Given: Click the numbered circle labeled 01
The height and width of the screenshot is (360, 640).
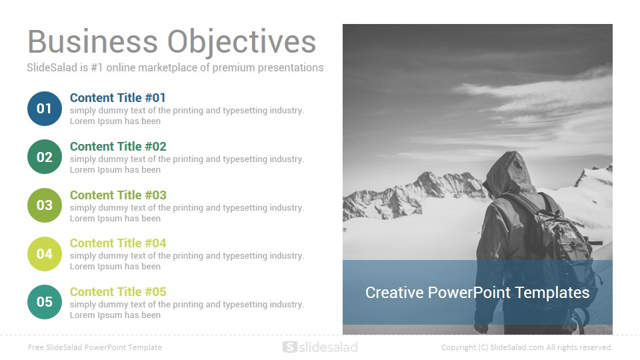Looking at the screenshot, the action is pyautogui.click(x=45, y=109).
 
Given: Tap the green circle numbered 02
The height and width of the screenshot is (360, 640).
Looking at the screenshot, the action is pyautogui.click(x=45, y=157).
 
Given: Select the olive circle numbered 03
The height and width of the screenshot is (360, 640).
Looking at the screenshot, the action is pyautogui.click(x=45, y=205).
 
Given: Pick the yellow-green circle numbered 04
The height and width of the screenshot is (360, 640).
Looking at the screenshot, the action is pyautogui.click(x=45, y=254).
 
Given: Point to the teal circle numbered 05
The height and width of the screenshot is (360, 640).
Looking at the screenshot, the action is pyautogui.click(x=45, y=302).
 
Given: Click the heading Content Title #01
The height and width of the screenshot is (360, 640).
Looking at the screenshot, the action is pyautogui.click(x=117, y=98).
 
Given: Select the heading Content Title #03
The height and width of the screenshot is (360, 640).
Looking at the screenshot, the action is pyautogui.click(x=118, y=195).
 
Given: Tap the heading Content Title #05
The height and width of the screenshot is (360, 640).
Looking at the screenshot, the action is pyautogui.click(x=118, y=292).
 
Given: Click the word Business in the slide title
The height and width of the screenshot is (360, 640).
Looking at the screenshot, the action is pyautogui.click(x=93, y=41).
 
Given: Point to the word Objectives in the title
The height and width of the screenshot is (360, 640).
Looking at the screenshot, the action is pyautogui.click(x=241, y=43).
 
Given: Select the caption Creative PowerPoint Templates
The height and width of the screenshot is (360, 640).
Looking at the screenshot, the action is pyautogui.click(x=477, y=293).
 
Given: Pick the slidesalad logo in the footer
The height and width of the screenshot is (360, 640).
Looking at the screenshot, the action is pyautogui.click(x=320, y=347).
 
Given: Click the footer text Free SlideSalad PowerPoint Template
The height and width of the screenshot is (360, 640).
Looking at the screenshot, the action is pyautogui.click(x=95, y=347).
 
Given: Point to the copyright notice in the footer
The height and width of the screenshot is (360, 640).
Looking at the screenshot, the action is pyautogui.click(x=527, y=347).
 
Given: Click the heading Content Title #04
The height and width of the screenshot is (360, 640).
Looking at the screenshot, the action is pyautogui.click(x=118, y=243).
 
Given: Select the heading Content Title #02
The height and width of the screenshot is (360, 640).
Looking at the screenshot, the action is pyautogui.click(x=118, y=147).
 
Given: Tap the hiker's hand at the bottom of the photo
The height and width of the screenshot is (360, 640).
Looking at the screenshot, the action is pyautogui.click(x=481, y=328).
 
